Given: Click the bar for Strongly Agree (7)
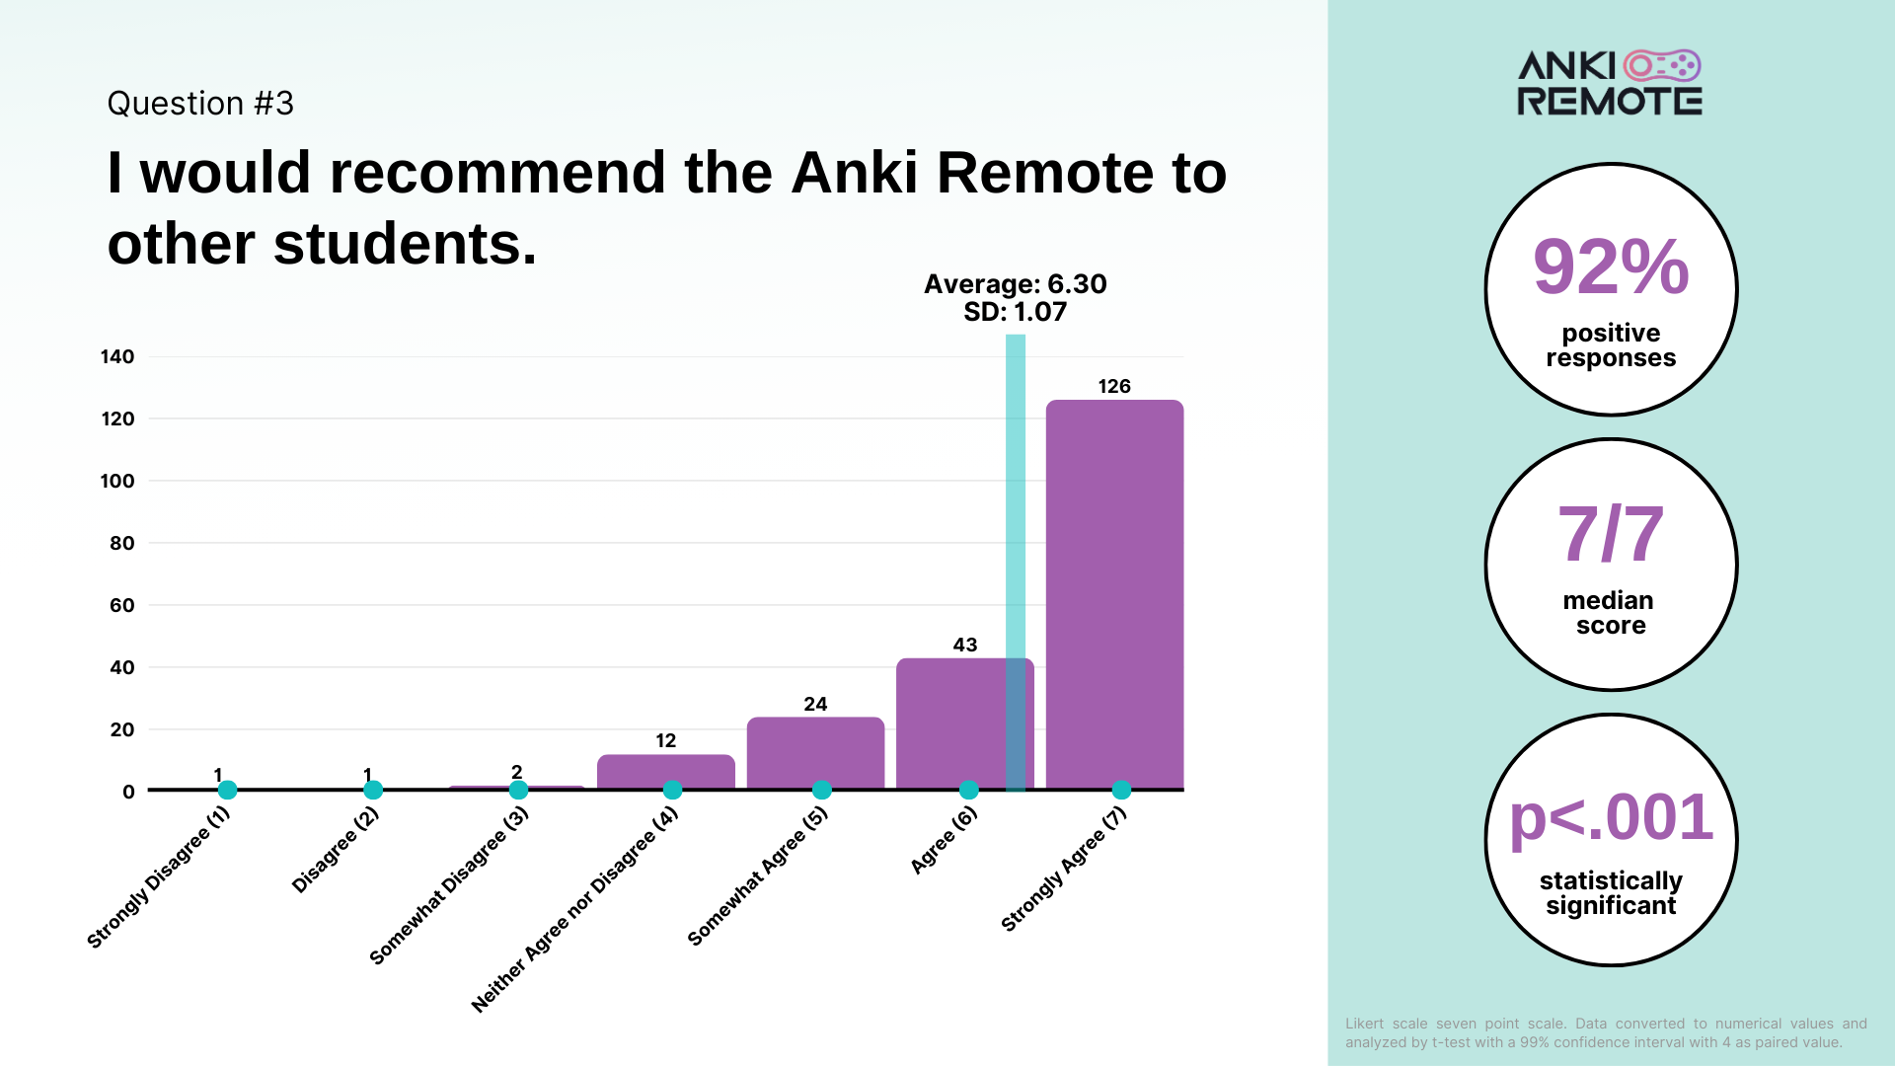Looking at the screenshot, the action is tap(1114, 594).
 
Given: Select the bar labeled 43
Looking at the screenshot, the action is tap(964, 723).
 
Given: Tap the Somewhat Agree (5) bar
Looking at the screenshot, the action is tap(815, 753).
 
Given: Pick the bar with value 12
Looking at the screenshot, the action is tap(666, 772).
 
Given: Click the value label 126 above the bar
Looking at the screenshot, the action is tap(1114, 386).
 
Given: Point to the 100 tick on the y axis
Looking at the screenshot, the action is tap(117, 481).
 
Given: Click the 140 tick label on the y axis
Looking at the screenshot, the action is tap(117, 356).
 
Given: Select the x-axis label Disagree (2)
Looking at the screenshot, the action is tap(336, 850).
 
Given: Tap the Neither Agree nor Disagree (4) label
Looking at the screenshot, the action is tap(575, 909).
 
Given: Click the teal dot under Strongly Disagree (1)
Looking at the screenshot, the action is tap(227, 790).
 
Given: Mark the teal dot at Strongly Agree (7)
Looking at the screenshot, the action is tap(1121, 790).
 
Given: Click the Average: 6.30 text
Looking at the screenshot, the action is tap(1016, 284).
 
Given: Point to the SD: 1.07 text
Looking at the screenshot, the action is tap(1016, 312).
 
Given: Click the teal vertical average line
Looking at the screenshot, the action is tap(1016, 563).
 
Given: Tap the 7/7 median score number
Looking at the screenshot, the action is tap(1611, 534).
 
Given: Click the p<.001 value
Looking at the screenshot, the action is tap(1611, 817).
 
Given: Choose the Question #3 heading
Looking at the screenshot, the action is tap(200, 104).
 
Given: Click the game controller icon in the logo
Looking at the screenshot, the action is tap(1662, 65).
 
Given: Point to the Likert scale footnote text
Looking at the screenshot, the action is tap(1606, 1032).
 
